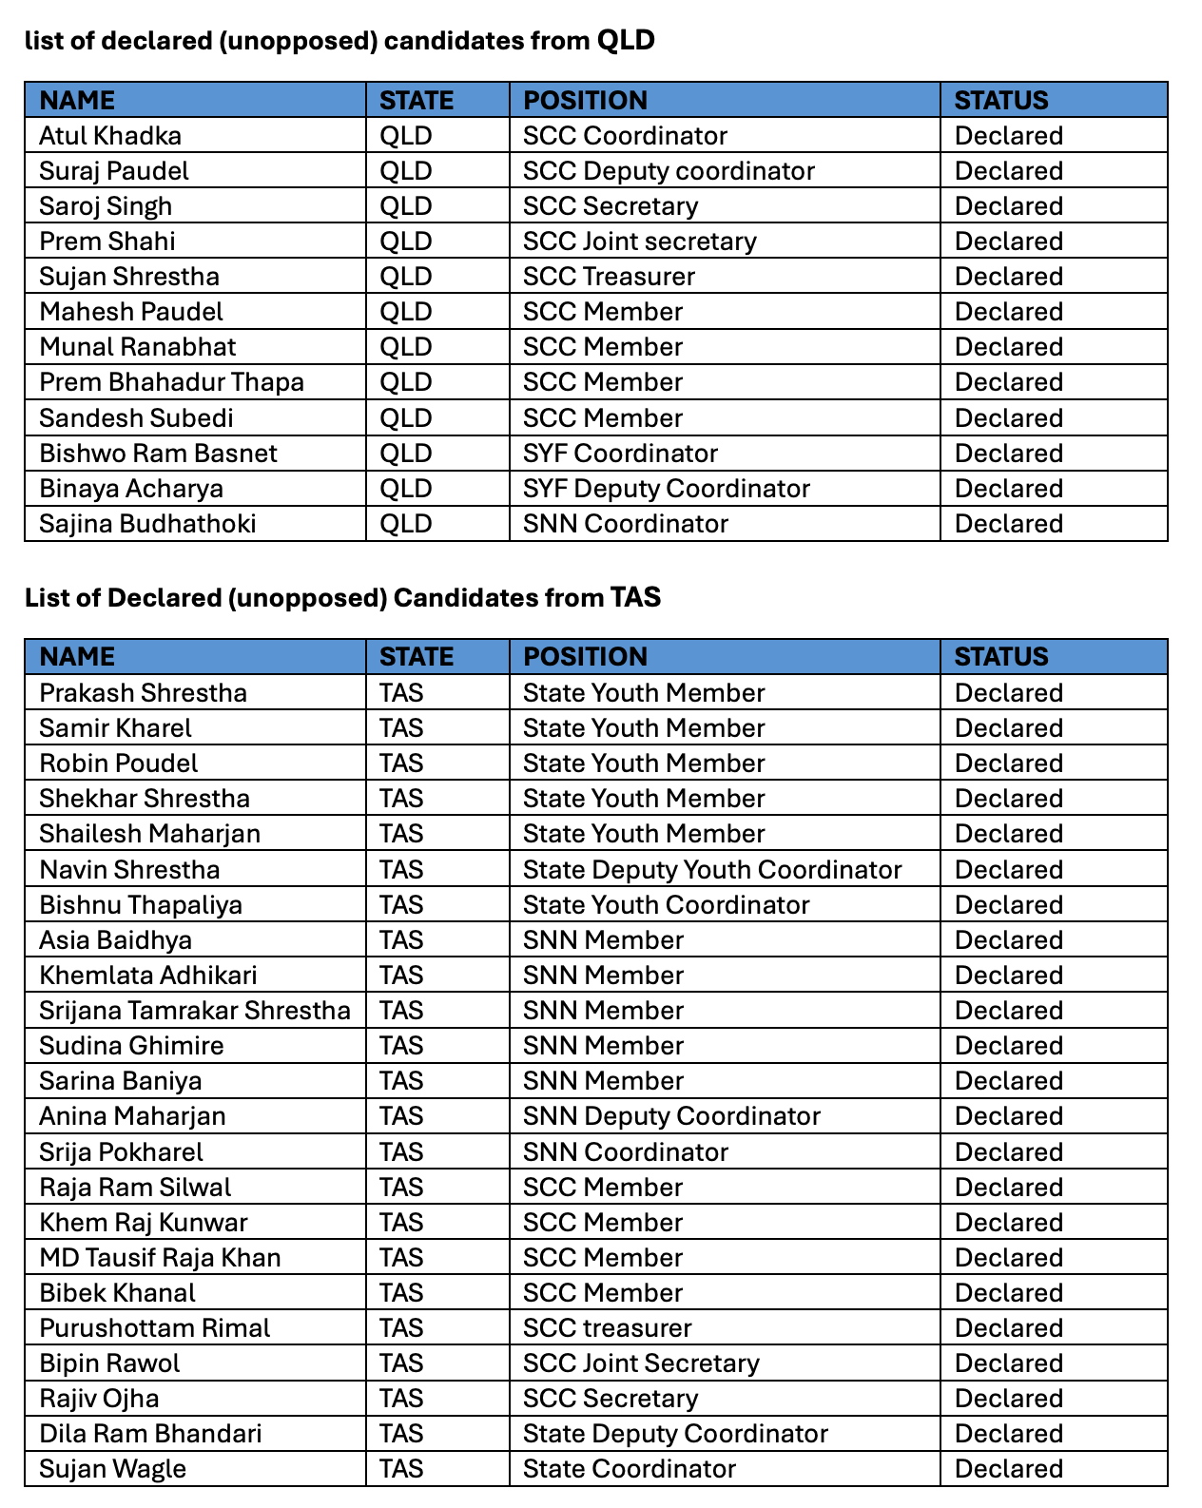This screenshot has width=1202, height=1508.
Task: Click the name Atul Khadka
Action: pos(110,136)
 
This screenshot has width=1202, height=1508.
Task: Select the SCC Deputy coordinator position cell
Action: pos(669,171)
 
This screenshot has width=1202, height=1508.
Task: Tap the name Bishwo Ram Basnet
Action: pos(158,454)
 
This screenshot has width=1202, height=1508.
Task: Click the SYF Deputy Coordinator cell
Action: pos(666,489)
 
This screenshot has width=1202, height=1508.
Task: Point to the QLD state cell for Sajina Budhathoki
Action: pos(406,524)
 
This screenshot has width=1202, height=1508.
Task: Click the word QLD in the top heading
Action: pos(625,41)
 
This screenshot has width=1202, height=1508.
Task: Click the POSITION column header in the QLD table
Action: pos(585,100)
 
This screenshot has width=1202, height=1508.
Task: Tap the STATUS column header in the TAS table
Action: pos(1001,657)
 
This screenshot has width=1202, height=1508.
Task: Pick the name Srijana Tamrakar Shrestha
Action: pos(195,1011)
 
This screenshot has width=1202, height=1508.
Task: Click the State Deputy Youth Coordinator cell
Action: pos(712,870)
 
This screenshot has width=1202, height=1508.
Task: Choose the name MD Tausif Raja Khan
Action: pos(160,1258)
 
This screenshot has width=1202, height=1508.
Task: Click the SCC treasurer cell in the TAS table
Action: pos(607,1328)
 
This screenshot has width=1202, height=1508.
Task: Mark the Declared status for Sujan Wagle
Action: pos(1008,1469)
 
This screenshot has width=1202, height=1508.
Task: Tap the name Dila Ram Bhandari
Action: pos(150,1434)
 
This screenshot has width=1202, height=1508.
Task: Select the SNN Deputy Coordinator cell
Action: pos(671,1116)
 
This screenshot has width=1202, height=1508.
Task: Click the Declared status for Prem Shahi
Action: pos(1008,242)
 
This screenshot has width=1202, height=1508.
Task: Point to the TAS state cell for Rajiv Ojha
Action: pos(401,1399)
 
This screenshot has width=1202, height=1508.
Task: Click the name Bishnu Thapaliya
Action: pos(141,905)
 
